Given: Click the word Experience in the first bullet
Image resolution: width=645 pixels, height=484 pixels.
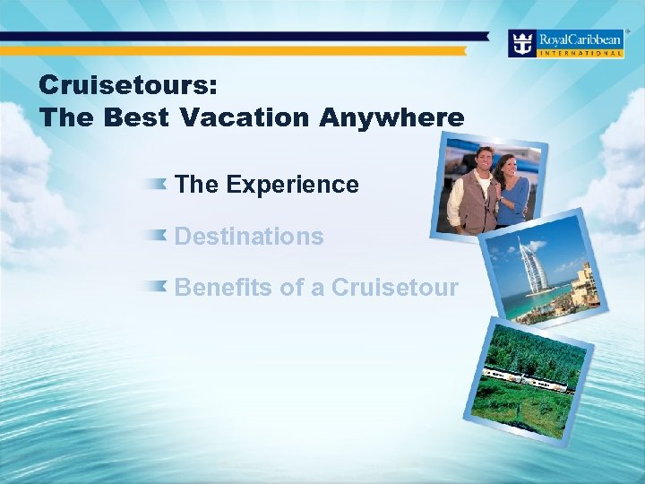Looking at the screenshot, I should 292,185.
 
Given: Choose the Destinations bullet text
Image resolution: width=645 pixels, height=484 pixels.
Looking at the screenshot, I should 249,237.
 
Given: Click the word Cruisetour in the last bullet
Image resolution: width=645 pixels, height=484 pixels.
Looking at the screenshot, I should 395,288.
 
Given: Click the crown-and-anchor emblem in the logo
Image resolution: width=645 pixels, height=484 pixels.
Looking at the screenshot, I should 522,43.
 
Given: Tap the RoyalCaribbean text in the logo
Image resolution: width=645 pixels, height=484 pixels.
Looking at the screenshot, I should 580,39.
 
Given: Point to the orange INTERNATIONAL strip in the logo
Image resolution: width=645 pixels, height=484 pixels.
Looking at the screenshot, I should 580,53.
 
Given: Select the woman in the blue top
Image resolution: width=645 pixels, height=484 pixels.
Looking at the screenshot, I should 512,193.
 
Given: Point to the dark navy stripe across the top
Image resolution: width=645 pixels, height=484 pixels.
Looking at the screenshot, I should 242,36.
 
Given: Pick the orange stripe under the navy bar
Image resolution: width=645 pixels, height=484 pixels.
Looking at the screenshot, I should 242,51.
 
